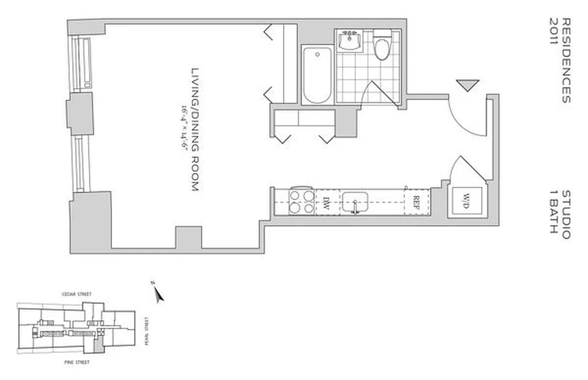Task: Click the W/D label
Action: coord(466,203)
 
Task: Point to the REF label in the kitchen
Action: coord(416,203)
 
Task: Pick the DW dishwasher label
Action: coord(327,203)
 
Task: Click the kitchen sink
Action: coord(355,203)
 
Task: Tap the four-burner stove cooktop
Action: coord(302,202)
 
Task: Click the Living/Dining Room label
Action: coord(194,129)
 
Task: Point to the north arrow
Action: coord(158,294)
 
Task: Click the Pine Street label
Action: coord(77,362)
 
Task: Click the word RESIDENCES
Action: coord(565,60)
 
